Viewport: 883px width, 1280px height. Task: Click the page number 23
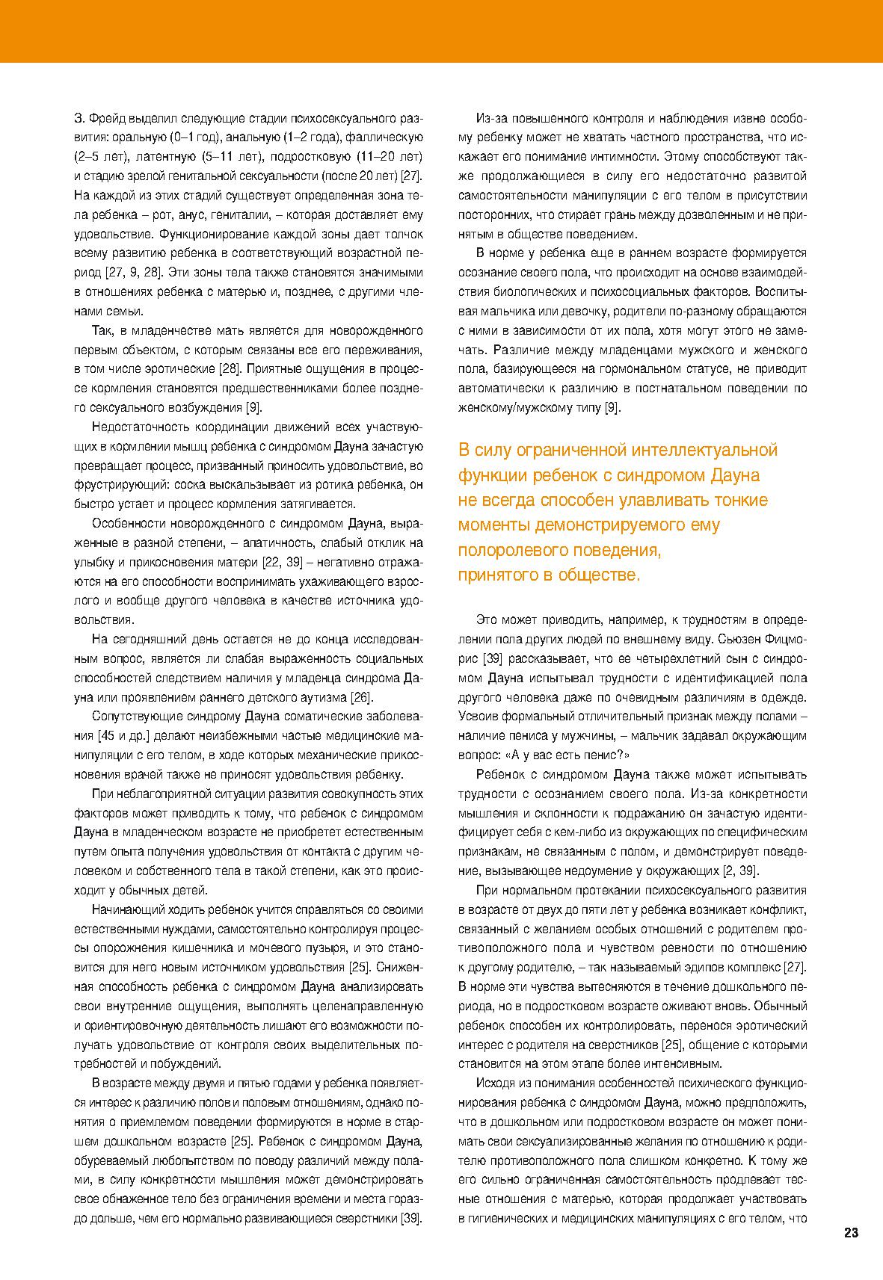click(851, 1233)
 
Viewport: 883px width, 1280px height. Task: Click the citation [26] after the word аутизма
click(361, 697)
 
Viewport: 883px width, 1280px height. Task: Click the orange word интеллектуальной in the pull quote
click(704, 450)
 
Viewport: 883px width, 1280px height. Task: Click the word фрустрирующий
click(120, 485)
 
